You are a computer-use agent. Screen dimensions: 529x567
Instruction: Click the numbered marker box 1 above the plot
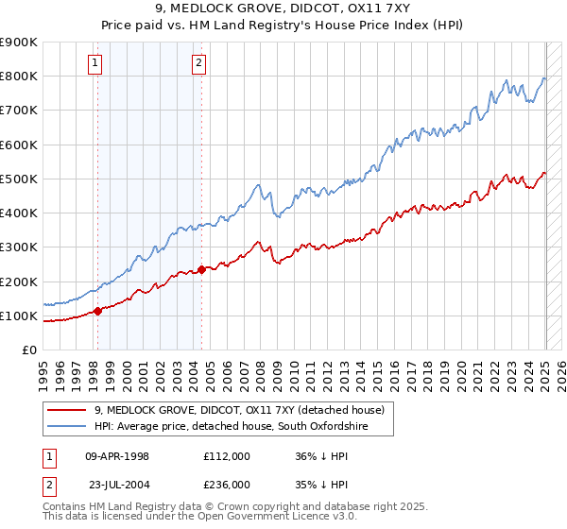click(96, 63)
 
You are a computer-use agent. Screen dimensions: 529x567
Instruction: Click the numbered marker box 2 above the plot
click(199, 63)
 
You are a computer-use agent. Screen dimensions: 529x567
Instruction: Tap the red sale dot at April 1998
click(97, 311)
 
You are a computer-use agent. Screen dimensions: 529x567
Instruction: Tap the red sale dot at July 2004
click(201, 268)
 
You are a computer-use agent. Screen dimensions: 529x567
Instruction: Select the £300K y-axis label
click(19, 247)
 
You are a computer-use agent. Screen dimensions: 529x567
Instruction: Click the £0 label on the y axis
click(28, 350)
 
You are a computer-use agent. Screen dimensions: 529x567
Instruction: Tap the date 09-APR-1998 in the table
click(117, 455)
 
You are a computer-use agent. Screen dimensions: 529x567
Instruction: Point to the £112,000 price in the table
click(227, 455)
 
